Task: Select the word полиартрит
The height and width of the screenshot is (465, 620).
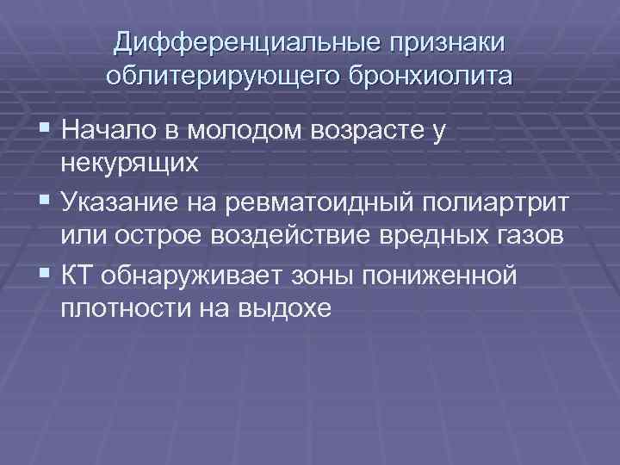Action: (x=482, y=203)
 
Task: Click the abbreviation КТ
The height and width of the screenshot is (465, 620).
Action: (x=77, y=275)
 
